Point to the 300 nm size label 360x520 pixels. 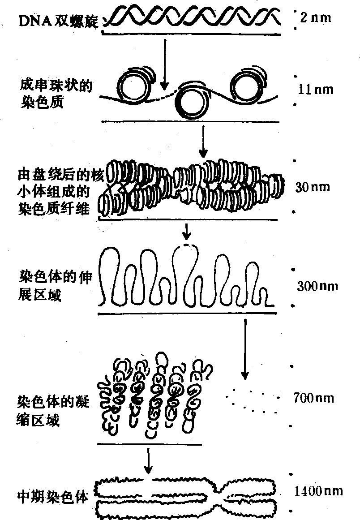[317, 286]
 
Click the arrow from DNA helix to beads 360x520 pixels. [165, 63]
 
